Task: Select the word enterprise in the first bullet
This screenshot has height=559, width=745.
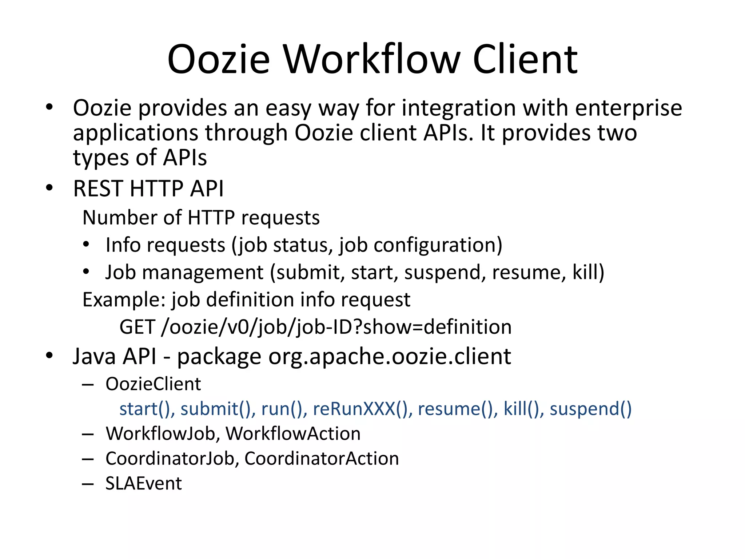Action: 628,108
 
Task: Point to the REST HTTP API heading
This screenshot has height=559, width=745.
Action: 148,189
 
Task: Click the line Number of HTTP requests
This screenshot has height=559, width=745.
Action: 201,218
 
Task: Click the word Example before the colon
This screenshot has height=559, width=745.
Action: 121,300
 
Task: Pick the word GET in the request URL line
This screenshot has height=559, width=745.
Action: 138,327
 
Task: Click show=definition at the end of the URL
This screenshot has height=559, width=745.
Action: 437,327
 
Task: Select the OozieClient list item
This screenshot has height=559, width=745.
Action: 153,384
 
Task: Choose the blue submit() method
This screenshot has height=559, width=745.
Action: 218,409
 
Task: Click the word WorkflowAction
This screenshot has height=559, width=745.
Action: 293,433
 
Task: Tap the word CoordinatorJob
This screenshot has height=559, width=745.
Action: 170,459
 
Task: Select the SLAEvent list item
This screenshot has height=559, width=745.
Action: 143,484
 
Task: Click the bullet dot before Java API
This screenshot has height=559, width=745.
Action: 49,356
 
